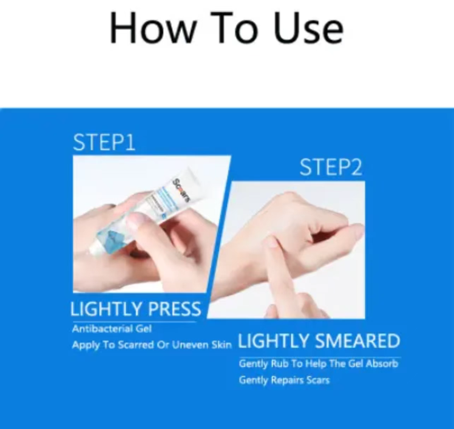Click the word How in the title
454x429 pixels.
tap(151, 29)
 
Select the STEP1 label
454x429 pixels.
tap(104, 142)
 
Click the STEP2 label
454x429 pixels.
tap(331, 167)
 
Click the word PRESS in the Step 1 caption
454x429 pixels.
tap(174, 309)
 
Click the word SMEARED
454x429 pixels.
tap(357, 340)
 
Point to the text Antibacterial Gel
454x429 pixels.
tap(112, 329)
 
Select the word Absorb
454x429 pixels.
tap(382, 363)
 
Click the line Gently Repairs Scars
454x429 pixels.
tap(284, 380)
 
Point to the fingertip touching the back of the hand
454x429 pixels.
tap(271, 241)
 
